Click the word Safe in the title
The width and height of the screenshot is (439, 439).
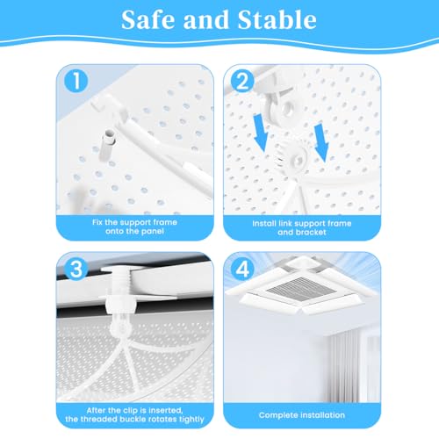click(148, 19)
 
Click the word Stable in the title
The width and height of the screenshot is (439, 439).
click(277, 19)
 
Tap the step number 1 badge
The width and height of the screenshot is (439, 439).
click(76, 81)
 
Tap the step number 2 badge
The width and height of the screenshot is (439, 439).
click(242, 81)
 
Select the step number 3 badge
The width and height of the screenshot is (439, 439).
click(76, 269)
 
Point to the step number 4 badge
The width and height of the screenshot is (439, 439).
click(242, 269)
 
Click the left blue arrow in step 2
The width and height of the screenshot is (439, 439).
click(261, 133)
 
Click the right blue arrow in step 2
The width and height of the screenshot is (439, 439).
click(321, 142)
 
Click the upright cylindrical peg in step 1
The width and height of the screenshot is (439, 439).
click(106, 145)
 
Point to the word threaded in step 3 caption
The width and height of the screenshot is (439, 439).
click(104, 419)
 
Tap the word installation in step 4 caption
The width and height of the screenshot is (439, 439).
click(323, 415)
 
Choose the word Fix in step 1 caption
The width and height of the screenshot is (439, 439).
click(97, 222)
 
